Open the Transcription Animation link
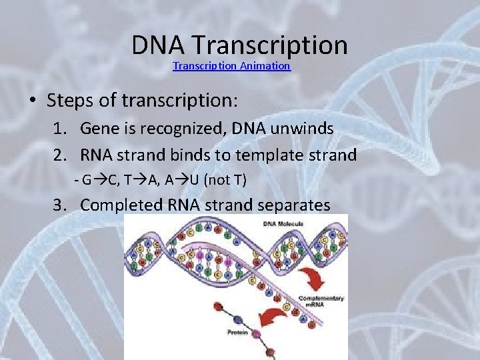coord(231,66)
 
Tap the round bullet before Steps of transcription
coord(32,101)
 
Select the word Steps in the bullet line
coord(69,101)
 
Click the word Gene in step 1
coord(99,129)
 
